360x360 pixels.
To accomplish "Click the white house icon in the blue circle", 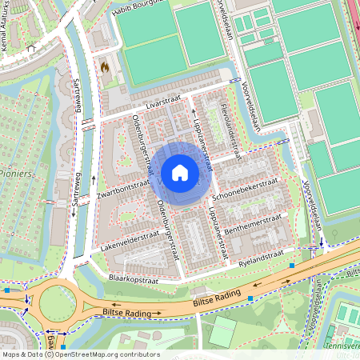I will [180, 173].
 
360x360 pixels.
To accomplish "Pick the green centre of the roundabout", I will [57, 303].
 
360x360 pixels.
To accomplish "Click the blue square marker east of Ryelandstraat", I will [293, 263].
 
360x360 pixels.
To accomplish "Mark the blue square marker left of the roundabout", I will [7, 290].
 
